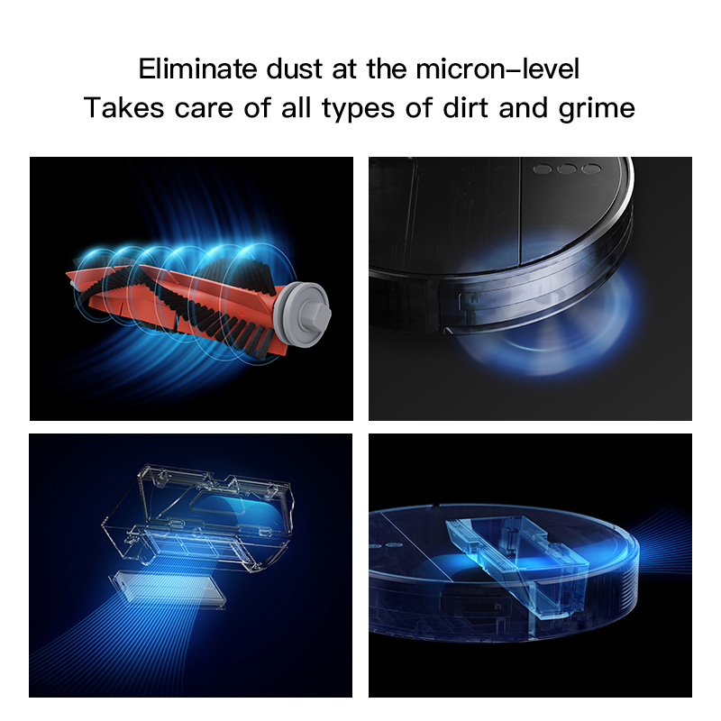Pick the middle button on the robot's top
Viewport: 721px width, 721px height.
[x=568, y=169]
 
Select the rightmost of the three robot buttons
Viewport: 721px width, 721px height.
[x=590, y=169]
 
